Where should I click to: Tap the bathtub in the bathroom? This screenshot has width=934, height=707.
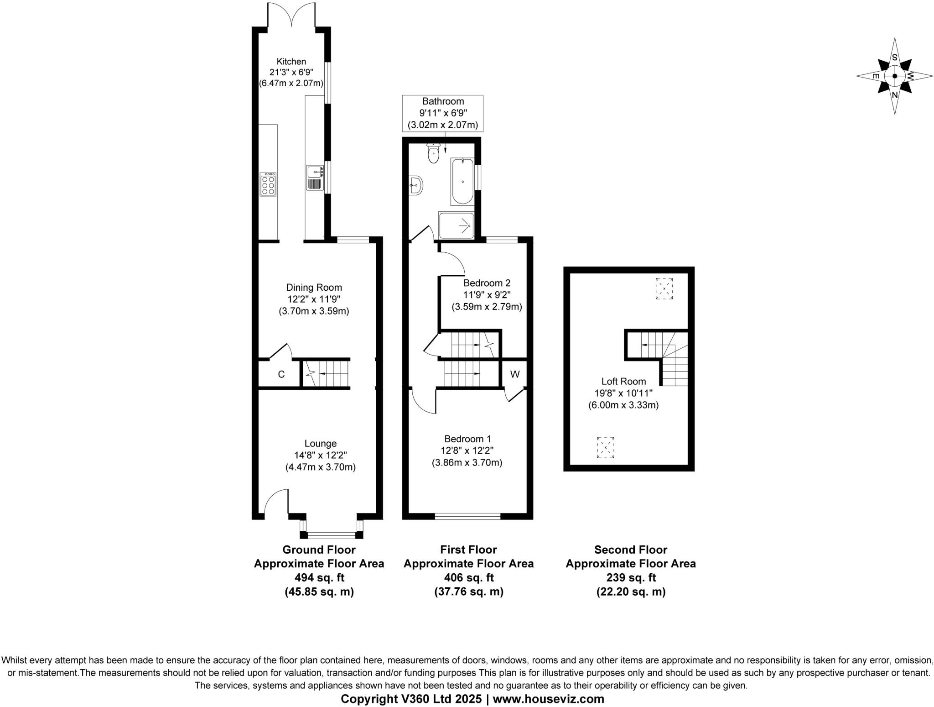(462, 181)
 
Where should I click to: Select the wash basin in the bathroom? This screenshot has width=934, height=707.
(416, 185)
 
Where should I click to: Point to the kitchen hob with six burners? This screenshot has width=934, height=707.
(268, 184)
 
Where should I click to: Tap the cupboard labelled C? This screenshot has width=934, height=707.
(281, 374)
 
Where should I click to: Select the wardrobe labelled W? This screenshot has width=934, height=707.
(514, 374)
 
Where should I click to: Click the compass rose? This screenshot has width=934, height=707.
(894, 76)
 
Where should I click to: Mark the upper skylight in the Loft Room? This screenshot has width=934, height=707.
(664, 288)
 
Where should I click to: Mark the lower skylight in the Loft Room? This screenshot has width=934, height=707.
(606, 447)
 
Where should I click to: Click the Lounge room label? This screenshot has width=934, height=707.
(321, 443)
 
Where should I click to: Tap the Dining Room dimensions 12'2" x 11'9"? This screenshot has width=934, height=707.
(314, 299)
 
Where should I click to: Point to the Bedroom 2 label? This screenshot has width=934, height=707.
(487, 283)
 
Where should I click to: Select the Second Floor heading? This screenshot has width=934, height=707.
(631, 550)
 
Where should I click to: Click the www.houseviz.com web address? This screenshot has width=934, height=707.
(548, 699)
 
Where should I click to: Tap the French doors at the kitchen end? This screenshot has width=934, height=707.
(291, 16)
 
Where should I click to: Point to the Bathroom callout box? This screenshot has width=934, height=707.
(442, 113)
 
